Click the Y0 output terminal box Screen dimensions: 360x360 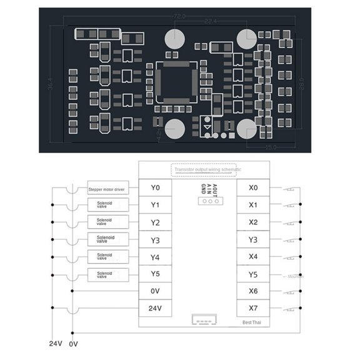[156, 187]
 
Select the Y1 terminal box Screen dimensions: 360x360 [156, 205]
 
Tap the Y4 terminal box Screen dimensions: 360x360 [156, 256]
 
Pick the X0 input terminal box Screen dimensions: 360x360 [253, 187]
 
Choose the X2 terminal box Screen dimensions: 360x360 [253, 222]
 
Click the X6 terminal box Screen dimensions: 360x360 [253, 291]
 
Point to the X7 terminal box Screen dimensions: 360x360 [253, 307]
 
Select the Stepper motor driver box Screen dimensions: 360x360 [107, 188]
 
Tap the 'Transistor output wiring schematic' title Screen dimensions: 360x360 [208, 169]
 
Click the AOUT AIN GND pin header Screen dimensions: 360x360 [208, 200]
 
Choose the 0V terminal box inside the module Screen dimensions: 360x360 [156, 291]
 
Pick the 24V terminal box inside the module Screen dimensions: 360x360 [156, 307]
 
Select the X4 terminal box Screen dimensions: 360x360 [253, 256]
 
